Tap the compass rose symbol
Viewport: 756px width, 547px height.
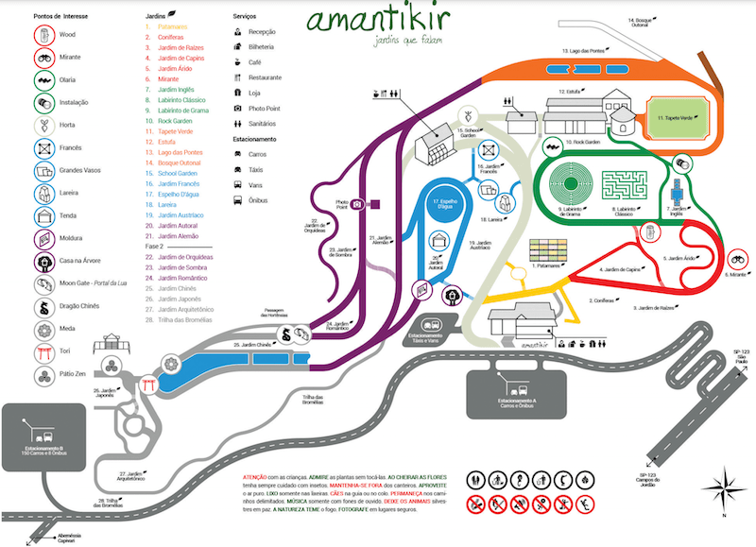tap(726, 487)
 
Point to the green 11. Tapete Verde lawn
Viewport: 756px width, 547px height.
tap(678, 117)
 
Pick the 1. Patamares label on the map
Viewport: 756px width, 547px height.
tap(544, 266)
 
